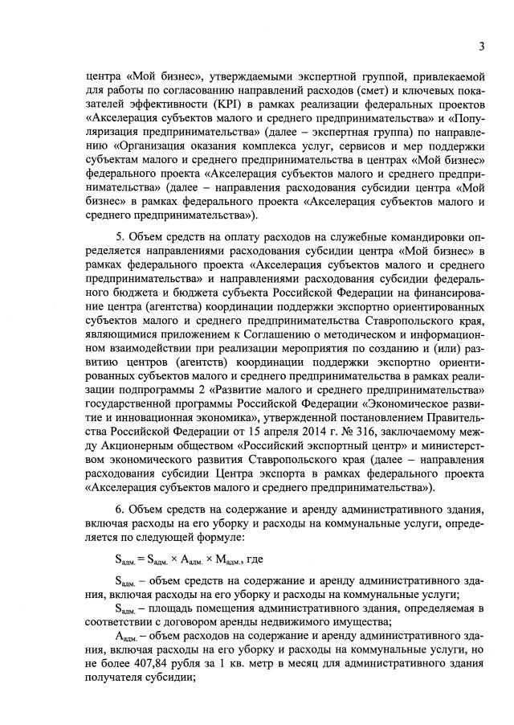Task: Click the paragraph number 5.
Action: pos(120,240)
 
